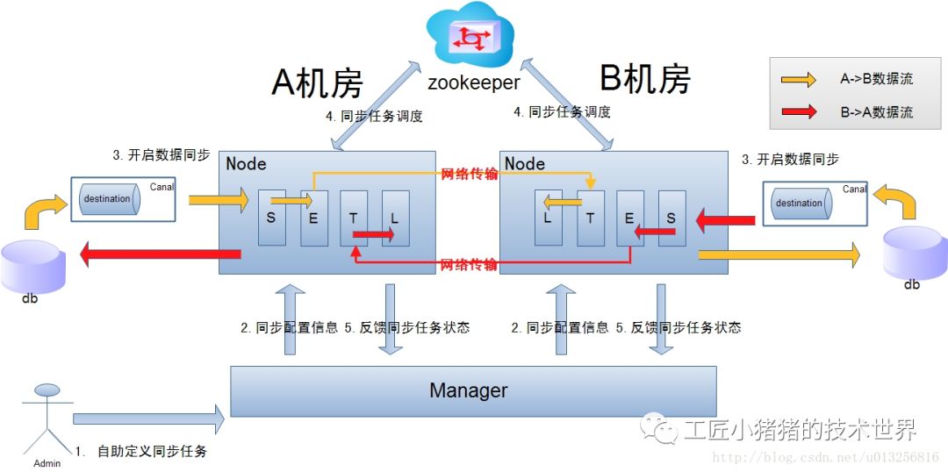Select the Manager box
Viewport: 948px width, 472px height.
click(473, 390)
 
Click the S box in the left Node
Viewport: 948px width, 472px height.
click(271, 218)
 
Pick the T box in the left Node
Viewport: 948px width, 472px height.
click(354, 218)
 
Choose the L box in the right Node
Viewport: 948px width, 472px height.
click(549, 218)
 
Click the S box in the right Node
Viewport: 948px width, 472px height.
click(671, 218)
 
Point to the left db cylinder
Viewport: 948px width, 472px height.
click(32, 263)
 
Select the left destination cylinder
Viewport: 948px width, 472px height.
click(107, 199)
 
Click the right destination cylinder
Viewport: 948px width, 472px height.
click(799, 204)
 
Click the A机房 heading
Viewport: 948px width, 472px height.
click(317, 82)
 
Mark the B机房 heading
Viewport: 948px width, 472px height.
click(645, 79)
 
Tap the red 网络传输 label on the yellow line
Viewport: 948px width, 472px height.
click(470, 174)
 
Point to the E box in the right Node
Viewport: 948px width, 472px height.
click(630, 218)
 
